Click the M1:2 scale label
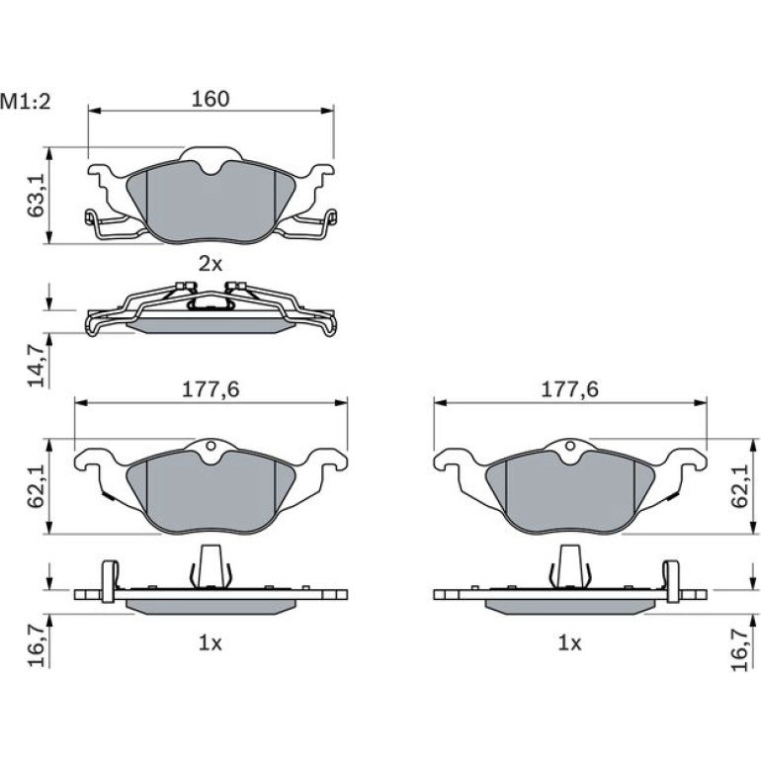[x=26, y=102]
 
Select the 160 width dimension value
[x=211, y=99]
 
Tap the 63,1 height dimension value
[x=36, y=196]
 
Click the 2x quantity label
[x=211, y=264]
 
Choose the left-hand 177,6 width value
[x=211, y=389]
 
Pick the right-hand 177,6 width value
[x=570, y=389]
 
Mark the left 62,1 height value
[x=36, y=486]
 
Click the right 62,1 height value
[x=740, y=486]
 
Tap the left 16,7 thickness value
[x=36, y=648]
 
